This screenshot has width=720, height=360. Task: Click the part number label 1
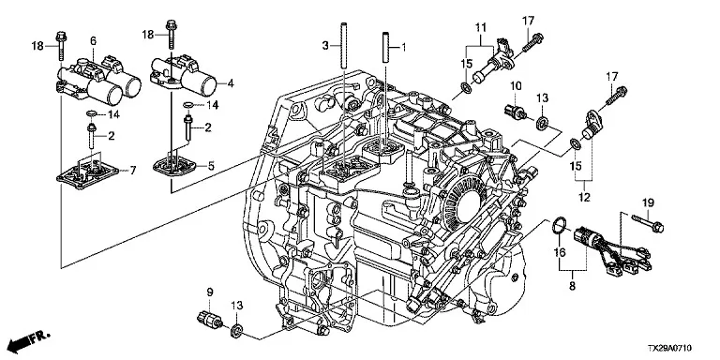404,46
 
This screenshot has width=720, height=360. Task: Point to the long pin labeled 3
343,46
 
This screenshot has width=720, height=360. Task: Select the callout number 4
231,84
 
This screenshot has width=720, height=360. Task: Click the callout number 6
93,41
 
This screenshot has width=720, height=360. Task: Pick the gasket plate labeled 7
86,174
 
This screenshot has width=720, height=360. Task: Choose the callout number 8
572,286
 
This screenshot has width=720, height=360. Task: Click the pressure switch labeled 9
210,318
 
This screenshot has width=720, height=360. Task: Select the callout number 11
480,28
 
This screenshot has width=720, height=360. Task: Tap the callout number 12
584,198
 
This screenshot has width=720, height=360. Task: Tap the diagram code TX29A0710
670,349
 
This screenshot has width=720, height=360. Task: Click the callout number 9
210,292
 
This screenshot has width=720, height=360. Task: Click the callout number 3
325,45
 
